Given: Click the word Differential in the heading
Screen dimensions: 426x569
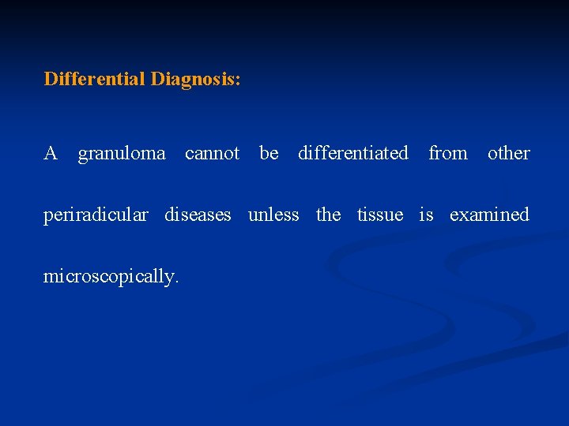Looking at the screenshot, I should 95,80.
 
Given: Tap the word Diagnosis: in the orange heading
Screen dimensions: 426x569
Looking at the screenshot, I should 195,80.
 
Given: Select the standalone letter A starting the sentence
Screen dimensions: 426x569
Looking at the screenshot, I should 51,153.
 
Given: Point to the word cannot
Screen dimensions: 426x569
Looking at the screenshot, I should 212,153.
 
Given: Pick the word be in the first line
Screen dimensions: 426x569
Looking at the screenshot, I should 269,153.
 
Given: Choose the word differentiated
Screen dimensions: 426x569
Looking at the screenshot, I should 353,153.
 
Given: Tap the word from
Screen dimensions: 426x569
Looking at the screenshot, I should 448,153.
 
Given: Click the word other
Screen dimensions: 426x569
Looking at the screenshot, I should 508,153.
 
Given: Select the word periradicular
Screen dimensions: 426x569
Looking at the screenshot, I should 96,215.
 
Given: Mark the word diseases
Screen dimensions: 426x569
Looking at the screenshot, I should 198,215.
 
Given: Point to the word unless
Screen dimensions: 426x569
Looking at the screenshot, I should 273,215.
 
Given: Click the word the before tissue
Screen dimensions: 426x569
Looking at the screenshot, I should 328,215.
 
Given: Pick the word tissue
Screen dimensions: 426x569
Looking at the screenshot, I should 380,215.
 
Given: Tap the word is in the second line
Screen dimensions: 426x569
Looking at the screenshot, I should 426,215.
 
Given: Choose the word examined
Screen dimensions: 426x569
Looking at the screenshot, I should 489,215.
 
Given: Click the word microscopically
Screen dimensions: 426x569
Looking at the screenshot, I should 111,277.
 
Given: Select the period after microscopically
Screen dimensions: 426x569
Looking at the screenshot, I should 178,282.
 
